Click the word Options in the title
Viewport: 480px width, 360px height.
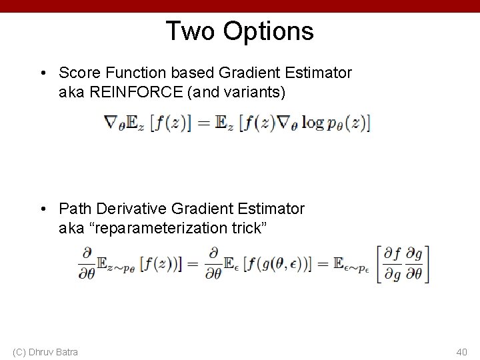269,31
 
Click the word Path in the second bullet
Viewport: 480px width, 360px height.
73,209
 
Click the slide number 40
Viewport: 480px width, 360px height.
461,351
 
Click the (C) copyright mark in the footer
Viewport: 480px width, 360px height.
19,351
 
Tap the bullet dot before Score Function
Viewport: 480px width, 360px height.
43,73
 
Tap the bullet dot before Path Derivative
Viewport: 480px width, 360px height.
43,209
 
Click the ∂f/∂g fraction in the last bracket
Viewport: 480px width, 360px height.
391,264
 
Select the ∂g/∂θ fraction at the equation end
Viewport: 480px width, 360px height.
413,264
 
